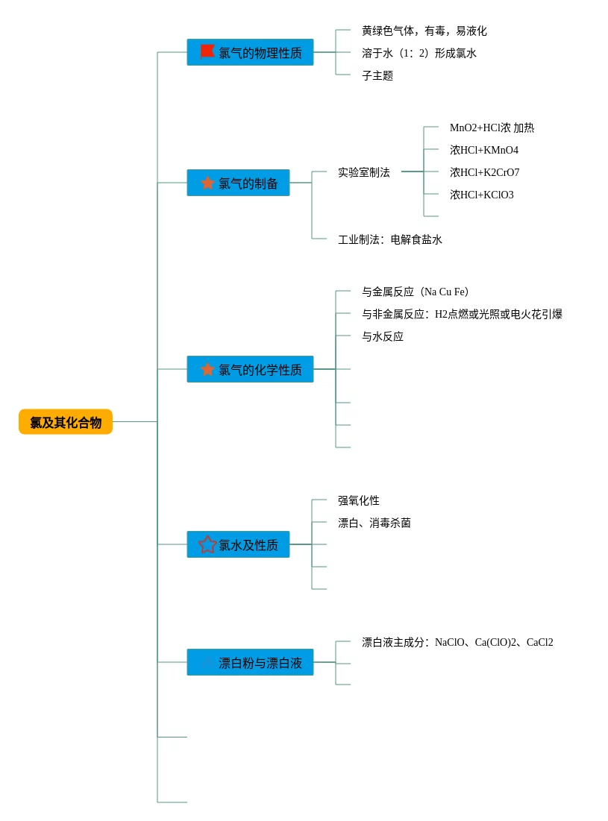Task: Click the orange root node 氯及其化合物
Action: (66, 421)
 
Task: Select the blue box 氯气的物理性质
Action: (251, 52)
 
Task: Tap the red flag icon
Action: (207, 51)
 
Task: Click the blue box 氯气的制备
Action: (238, 183)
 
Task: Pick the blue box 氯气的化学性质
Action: (251, 369)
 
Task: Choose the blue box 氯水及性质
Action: (238, 544)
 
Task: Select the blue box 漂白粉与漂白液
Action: (251, 662)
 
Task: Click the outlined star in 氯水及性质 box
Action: (207, 544)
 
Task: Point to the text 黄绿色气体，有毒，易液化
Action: (424, 31)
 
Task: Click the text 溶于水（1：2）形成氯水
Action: (419, 54)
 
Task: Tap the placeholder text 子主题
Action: (377, 76)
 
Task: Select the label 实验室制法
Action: (363, 172)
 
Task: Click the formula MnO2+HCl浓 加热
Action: (492, 128)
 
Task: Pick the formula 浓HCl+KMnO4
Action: (484, 151)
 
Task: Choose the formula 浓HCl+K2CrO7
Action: (484, 172)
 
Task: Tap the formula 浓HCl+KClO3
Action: (481, 195)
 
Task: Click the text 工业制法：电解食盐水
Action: (389, 240)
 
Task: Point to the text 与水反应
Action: (382, 336)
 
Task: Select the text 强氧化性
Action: (358, 500)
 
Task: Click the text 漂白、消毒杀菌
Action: (374, 523)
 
